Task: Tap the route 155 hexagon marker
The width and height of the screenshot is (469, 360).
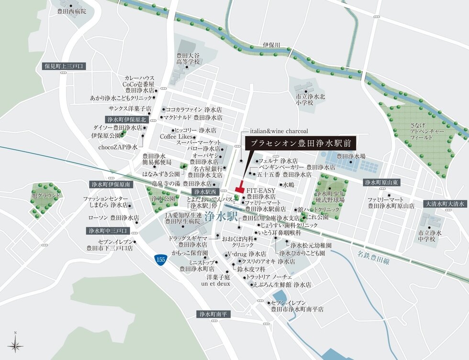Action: tap(161, 259)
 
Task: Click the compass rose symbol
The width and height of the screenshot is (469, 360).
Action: tap(15, 344)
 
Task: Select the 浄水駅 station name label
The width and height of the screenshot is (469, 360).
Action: tap(221, 217)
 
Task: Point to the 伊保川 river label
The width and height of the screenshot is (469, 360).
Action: tap(271, 45)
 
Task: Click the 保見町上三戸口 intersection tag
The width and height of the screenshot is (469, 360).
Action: tap(63, 66)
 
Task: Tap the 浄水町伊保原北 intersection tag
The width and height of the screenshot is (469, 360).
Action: tap(125, 120)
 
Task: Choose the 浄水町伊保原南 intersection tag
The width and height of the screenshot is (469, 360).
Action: tap(111, 184)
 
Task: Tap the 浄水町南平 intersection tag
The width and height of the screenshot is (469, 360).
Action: tap(214, 314)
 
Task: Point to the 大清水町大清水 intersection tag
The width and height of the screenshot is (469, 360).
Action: tap(445, 204)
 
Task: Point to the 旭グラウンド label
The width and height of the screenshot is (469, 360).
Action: tap(46, 196)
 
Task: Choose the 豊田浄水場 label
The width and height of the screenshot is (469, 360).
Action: tap(351, 156)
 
